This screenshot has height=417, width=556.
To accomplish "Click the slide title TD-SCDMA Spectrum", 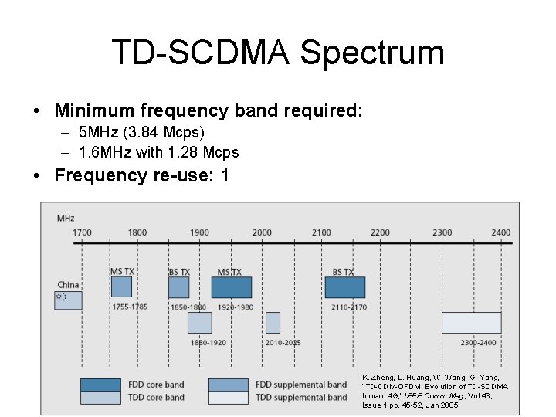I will coord(278,53).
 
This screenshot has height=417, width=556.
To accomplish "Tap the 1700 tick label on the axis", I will coord(83,232).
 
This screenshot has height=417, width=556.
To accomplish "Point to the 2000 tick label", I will coord(262,232).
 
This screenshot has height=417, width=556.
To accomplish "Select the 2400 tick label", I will coord(500,232).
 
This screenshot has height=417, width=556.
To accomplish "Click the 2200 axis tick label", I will coord(380,232).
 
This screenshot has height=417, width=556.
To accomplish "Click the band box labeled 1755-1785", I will coord(121,287).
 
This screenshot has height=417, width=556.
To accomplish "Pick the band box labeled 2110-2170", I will coord(344,287).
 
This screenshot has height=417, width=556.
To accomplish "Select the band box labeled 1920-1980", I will coord(232,287).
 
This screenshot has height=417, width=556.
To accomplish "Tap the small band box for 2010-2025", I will coord(273,323).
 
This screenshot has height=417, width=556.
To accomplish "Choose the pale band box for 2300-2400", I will coord(471,323).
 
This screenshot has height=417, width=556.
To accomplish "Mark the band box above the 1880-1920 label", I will coord(199,323).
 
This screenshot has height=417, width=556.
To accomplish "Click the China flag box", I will coord(68,300).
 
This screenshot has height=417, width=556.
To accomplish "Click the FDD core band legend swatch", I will coord(101,385).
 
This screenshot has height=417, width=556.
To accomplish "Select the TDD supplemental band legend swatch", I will coord(229,397).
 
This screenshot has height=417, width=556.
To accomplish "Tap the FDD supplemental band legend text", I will coord(301,385).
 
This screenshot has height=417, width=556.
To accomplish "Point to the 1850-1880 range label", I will coord(188,307).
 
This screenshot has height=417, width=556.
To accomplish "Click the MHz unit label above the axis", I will coord(66,219).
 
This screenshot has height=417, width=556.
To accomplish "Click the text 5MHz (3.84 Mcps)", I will coord(141,133).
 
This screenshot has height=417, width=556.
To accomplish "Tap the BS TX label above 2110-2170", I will coord(343,272).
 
